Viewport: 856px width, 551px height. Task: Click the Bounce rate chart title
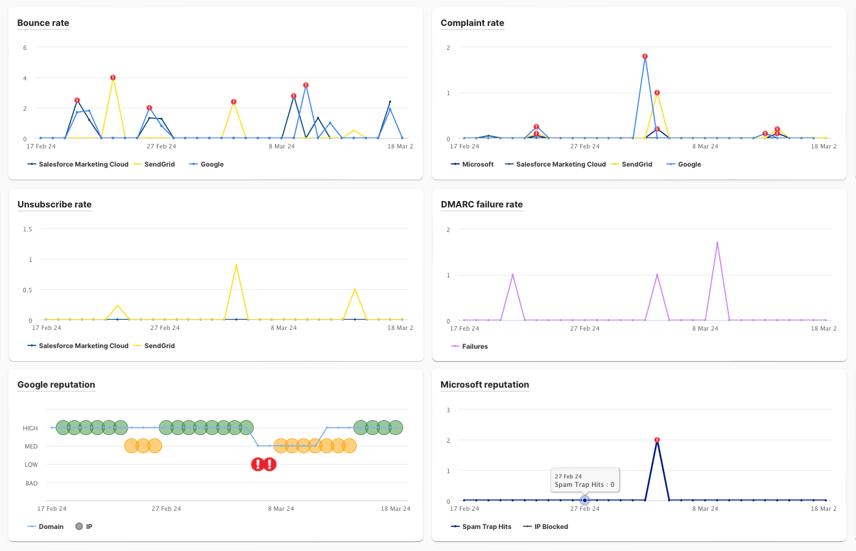(43, 23)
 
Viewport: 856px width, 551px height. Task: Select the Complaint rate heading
(472, 23)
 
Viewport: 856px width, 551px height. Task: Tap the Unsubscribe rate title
(54, 205)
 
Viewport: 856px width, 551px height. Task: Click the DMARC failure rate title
(481, 205)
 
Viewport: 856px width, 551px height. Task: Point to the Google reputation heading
(56, 385)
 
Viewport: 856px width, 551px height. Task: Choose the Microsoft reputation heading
(484, 385)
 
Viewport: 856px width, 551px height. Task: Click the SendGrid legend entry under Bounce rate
(159, 165)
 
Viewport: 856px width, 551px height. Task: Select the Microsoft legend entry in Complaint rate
(477, 165)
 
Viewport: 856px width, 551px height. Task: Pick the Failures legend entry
(475, 347)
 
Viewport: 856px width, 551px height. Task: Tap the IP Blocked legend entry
(551, 527)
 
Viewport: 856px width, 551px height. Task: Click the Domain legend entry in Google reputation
(51, 527)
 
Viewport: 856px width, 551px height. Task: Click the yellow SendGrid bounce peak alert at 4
(113, 78)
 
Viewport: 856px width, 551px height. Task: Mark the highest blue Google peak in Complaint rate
(645, 56)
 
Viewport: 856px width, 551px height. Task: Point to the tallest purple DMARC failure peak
(717, 243)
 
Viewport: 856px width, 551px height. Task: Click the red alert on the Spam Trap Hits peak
(657, 440)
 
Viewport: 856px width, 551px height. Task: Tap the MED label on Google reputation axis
(31, 447)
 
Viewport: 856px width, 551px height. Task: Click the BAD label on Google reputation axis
(31, 484)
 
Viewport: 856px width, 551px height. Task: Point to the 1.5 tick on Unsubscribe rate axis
(27, 229)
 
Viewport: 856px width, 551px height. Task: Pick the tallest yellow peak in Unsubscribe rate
(236, 264)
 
